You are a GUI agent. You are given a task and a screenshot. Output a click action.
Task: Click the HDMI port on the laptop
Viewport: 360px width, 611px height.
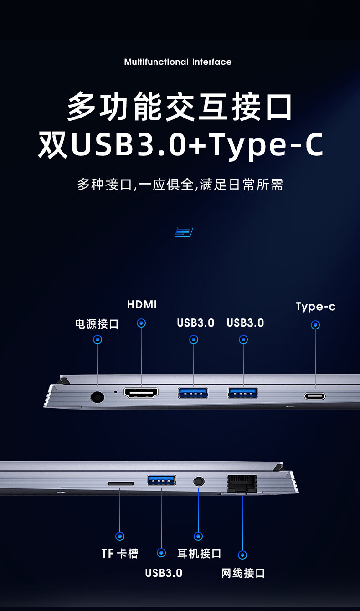point(141,393)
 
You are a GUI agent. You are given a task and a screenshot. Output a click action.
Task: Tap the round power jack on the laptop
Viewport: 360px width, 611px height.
point(98,397)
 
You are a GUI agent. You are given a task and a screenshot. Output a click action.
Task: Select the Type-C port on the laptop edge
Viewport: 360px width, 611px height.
point(315,396)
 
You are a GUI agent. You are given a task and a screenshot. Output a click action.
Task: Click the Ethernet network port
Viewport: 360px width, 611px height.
point(242,484)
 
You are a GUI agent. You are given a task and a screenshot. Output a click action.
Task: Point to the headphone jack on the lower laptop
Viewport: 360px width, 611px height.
point(199,481)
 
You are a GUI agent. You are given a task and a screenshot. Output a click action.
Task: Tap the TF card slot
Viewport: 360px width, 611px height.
point(120,483)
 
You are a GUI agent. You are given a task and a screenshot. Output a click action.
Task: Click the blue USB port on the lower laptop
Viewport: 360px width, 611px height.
point(161,480)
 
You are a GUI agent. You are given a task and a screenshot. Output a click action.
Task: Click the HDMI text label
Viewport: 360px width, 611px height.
point(142,305)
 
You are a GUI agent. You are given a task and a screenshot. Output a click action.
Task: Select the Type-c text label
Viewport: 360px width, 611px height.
point(315,307)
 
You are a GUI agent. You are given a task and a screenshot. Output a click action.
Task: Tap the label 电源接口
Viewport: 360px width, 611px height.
point(97,324)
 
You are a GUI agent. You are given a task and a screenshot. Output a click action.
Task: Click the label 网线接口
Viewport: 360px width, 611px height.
point(243,573)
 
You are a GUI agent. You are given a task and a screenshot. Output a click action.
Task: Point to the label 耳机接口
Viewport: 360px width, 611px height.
point(199,554)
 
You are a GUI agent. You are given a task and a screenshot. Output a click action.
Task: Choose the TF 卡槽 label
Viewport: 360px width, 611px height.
point(120,554)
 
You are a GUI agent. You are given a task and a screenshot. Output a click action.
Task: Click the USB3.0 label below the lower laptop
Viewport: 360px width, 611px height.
point(164,573)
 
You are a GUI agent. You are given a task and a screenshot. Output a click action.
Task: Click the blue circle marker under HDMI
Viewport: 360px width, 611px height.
point(141,323)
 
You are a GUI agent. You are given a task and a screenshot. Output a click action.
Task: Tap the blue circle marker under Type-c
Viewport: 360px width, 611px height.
point(315,325)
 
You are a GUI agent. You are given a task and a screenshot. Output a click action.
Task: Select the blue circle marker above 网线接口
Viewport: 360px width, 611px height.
point(242,555)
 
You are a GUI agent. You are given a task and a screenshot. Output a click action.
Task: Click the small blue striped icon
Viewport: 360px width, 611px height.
point(184,232)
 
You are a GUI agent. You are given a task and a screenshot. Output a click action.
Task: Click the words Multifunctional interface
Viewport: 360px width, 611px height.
point(178,62)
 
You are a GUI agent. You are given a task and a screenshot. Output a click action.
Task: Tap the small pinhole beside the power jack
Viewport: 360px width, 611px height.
point(116,392)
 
